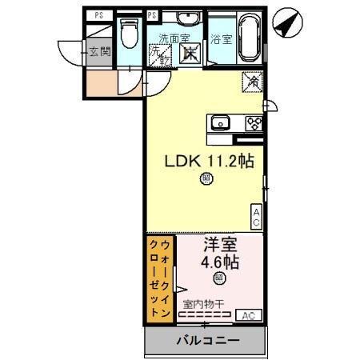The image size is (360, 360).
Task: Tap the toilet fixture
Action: pyautogui.click(x=128, y=34)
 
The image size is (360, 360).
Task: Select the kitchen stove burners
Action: pyautogui.click(x=254, y=122)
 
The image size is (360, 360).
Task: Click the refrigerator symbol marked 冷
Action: pyautogui.click(x=251, y=82)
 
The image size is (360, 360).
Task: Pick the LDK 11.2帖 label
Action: pyautogui.click(x=210, y=161)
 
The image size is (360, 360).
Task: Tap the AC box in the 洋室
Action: pyautogui.click(x=249, y=314)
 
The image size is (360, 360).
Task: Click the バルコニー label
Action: pyautogui.click(x=206, y=341)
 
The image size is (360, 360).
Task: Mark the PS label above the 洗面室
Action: pyautogui.click(x=153, y=14)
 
